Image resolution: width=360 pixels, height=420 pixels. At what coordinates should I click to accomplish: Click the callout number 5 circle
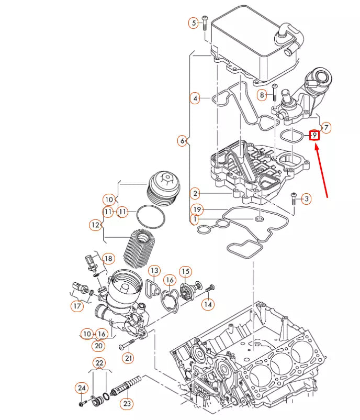pyautogui.click(x=194, y=23)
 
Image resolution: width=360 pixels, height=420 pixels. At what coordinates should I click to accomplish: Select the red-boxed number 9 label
pyautogui.click(x=314, y=136)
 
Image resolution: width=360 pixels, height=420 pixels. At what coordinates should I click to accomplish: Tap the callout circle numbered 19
pyautogui.click(x=195, y=209)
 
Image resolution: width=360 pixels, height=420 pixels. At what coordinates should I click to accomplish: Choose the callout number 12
pyautogui.click(x=95, y=225)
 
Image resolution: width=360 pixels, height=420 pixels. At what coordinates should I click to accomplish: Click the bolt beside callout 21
pyautogui.click(x=128, y=344)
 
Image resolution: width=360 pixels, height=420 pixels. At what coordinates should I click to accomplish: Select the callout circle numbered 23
pyautogui.click(x=127, y=403)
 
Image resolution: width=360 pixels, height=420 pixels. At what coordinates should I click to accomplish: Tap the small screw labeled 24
pyautogui.click(x=83, y=403)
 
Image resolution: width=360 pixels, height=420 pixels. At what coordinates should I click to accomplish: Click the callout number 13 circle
pyautogui.click(x=154, y=271)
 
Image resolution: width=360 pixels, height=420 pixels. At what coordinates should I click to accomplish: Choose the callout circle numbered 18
pyautogui.click(x=108, y=259)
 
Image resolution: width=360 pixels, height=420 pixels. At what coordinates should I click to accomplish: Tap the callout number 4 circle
pyautogui.click(x=195, y=98)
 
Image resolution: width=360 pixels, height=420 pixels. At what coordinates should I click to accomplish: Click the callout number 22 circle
pyautogui.click(x=99, y=362)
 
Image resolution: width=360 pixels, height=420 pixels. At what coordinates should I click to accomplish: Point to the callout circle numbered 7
pyautogui.click(x=326, y=127)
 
